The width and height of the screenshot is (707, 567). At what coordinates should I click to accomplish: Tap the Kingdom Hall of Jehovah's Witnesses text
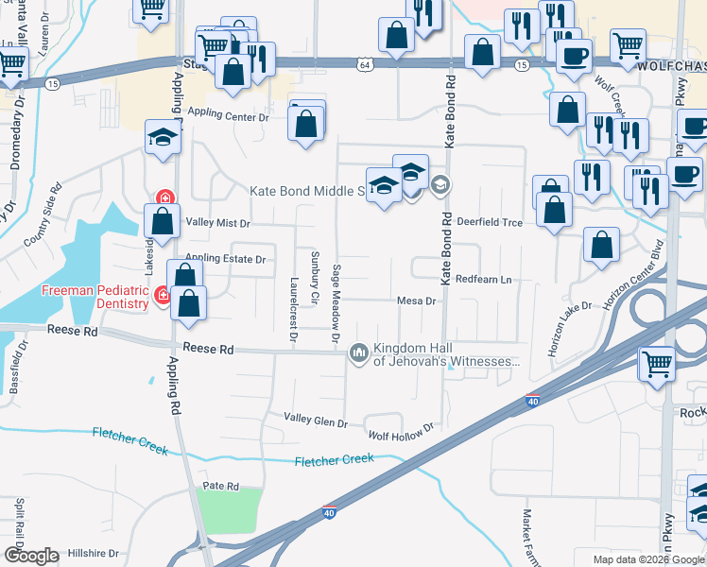pos(447,354)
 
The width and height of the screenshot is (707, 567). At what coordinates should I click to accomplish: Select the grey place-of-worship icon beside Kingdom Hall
pos(359,353)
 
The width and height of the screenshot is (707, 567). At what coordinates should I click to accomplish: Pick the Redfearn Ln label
pos(483,280)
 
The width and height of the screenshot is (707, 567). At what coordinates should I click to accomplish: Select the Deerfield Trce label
pos(490,221)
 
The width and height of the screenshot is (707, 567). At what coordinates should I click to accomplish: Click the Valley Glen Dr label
pos(317,417)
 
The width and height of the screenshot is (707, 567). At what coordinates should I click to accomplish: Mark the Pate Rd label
pos(220,486)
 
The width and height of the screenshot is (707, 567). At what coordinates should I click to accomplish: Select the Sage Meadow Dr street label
pos(336,303)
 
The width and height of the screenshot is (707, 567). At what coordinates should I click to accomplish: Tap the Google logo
pos(31,556)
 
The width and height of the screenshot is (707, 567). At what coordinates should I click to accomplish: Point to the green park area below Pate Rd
pos(231,511)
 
